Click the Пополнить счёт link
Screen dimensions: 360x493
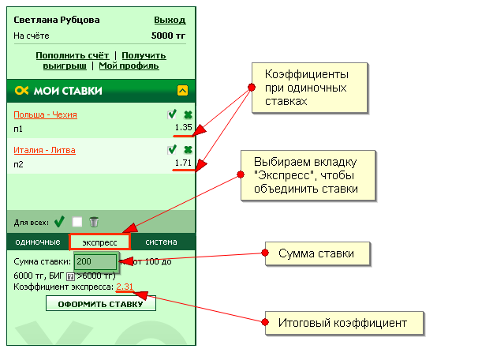click(x=73, y=55)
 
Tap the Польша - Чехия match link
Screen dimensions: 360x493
click(x=45, y=114)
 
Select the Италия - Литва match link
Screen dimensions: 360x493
click(x=44, y=149)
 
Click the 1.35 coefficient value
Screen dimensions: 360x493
click(x=184, y=127)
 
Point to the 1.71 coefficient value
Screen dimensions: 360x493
click(x=184, y=162)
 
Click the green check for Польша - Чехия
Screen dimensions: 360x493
click(x=172, y=114)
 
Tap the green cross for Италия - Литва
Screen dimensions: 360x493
click(x=188, y=149)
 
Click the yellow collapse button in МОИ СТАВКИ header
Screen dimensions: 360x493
click(x=182, y=91)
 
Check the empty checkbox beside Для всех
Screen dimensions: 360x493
click(x=77, y=222)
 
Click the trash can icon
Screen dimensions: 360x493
click(x=94, y=222)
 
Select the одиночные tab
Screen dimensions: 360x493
click(x=38, y=242)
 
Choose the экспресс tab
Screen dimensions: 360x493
click(x=99, y=242)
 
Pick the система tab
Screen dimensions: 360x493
click(x=161, y=242)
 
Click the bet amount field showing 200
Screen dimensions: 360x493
click(x=95, y=261)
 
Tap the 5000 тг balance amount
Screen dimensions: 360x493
click(x=168, y=36)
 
